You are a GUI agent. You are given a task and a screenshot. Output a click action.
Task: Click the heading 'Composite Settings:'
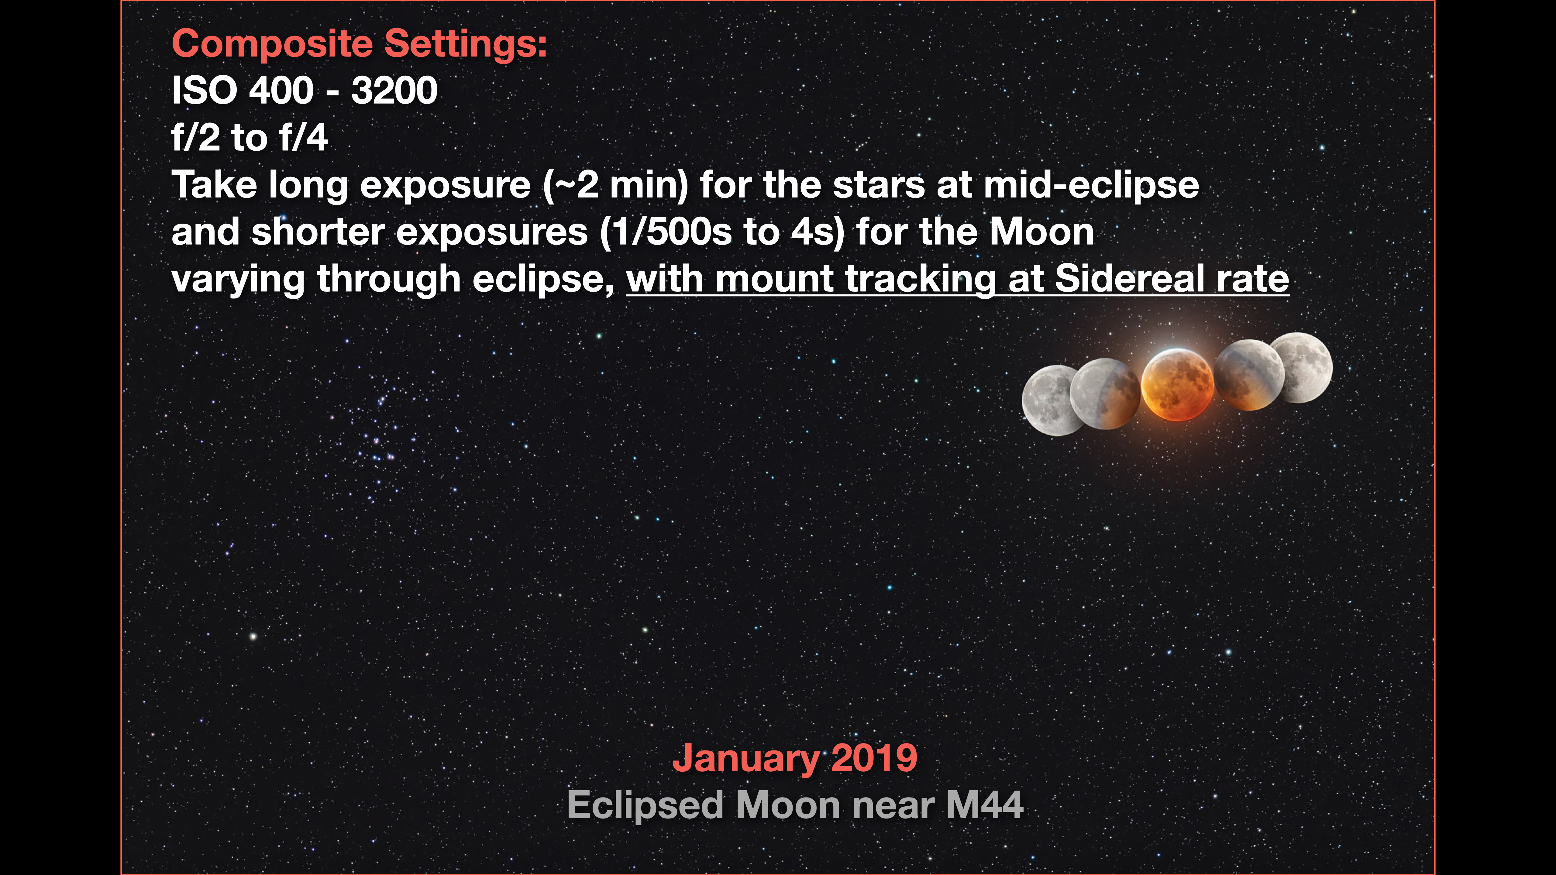[x=360, y=44]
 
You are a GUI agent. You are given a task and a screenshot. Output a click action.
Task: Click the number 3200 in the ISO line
[x=394, y=91]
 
